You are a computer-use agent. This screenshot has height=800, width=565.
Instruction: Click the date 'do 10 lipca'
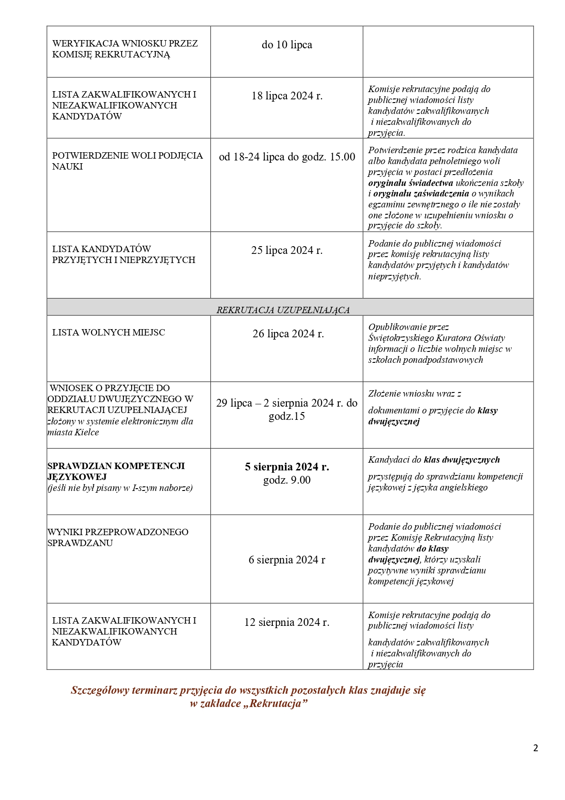287,45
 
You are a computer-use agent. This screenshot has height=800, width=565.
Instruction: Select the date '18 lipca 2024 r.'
287,96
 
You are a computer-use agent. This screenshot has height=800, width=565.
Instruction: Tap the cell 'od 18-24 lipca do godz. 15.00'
287,157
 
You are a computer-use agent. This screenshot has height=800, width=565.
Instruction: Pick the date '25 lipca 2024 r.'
287,250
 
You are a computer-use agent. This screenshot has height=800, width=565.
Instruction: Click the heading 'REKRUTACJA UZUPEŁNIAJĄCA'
283,310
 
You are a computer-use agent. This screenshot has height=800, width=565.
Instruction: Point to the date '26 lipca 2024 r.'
288,334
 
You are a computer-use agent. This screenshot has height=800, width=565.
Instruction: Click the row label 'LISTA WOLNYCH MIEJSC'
108,332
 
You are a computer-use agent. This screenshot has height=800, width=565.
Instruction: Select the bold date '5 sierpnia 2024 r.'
287,467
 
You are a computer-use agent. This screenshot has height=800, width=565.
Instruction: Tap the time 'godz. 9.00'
287,480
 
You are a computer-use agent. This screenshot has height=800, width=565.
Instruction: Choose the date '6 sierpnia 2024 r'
287,560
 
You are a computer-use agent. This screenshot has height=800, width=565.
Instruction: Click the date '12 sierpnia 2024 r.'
287,622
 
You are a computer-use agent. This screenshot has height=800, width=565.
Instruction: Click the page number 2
535,748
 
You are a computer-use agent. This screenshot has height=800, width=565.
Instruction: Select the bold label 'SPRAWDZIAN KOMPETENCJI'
116,466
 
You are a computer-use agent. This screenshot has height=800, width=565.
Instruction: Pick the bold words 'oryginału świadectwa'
411,183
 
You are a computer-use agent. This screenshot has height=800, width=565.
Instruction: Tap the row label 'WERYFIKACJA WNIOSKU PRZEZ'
125,43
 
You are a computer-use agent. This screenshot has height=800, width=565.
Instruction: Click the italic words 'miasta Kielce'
73,432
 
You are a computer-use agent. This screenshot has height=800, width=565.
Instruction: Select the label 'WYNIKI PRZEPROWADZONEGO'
118,532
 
